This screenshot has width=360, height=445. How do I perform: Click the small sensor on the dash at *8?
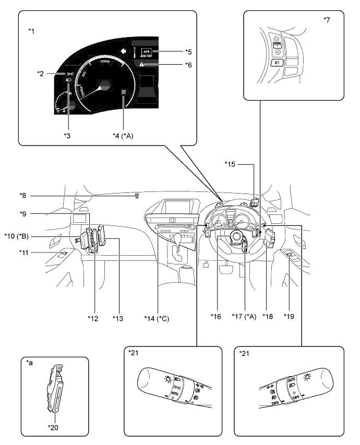click(x=137, y=197)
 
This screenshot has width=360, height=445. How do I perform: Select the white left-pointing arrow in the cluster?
click(x=123, y=51)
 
